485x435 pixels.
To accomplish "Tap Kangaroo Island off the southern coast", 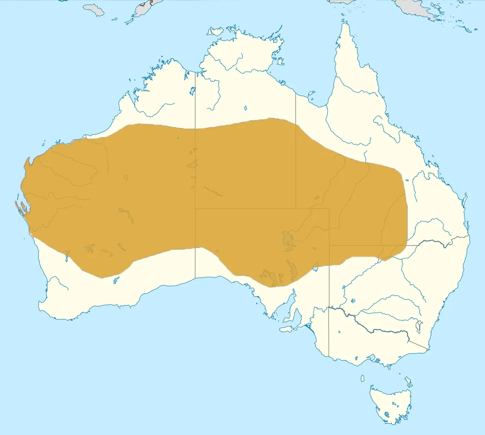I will [288, 329].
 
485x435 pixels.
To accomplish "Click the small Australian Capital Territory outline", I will [420, 326].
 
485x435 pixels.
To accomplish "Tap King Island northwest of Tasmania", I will [362, 378].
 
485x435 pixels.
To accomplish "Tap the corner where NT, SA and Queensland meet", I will [295, 209].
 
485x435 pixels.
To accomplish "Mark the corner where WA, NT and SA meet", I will [196, 209].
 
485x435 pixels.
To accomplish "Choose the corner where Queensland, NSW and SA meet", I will [329, 245].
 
